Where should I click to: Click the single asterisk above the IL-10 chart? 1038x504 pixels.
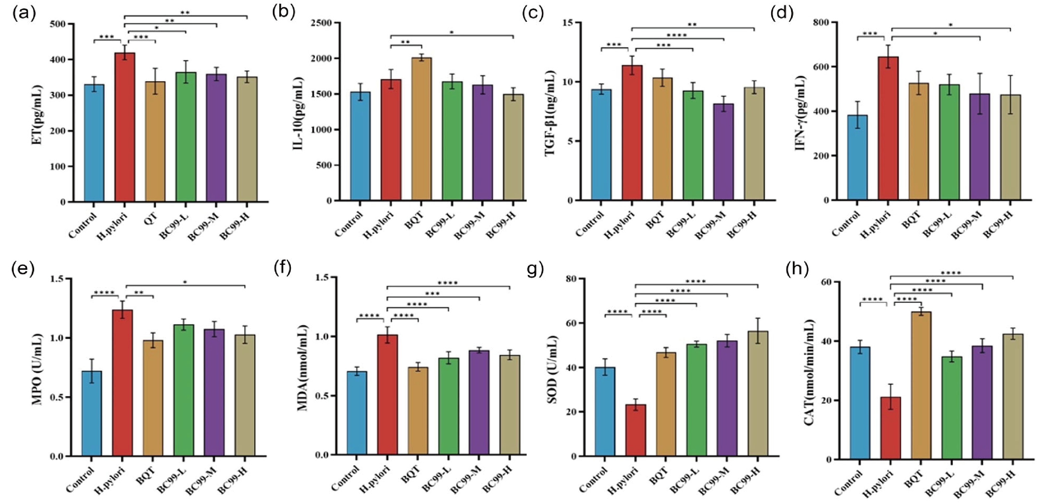(452, 32)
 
